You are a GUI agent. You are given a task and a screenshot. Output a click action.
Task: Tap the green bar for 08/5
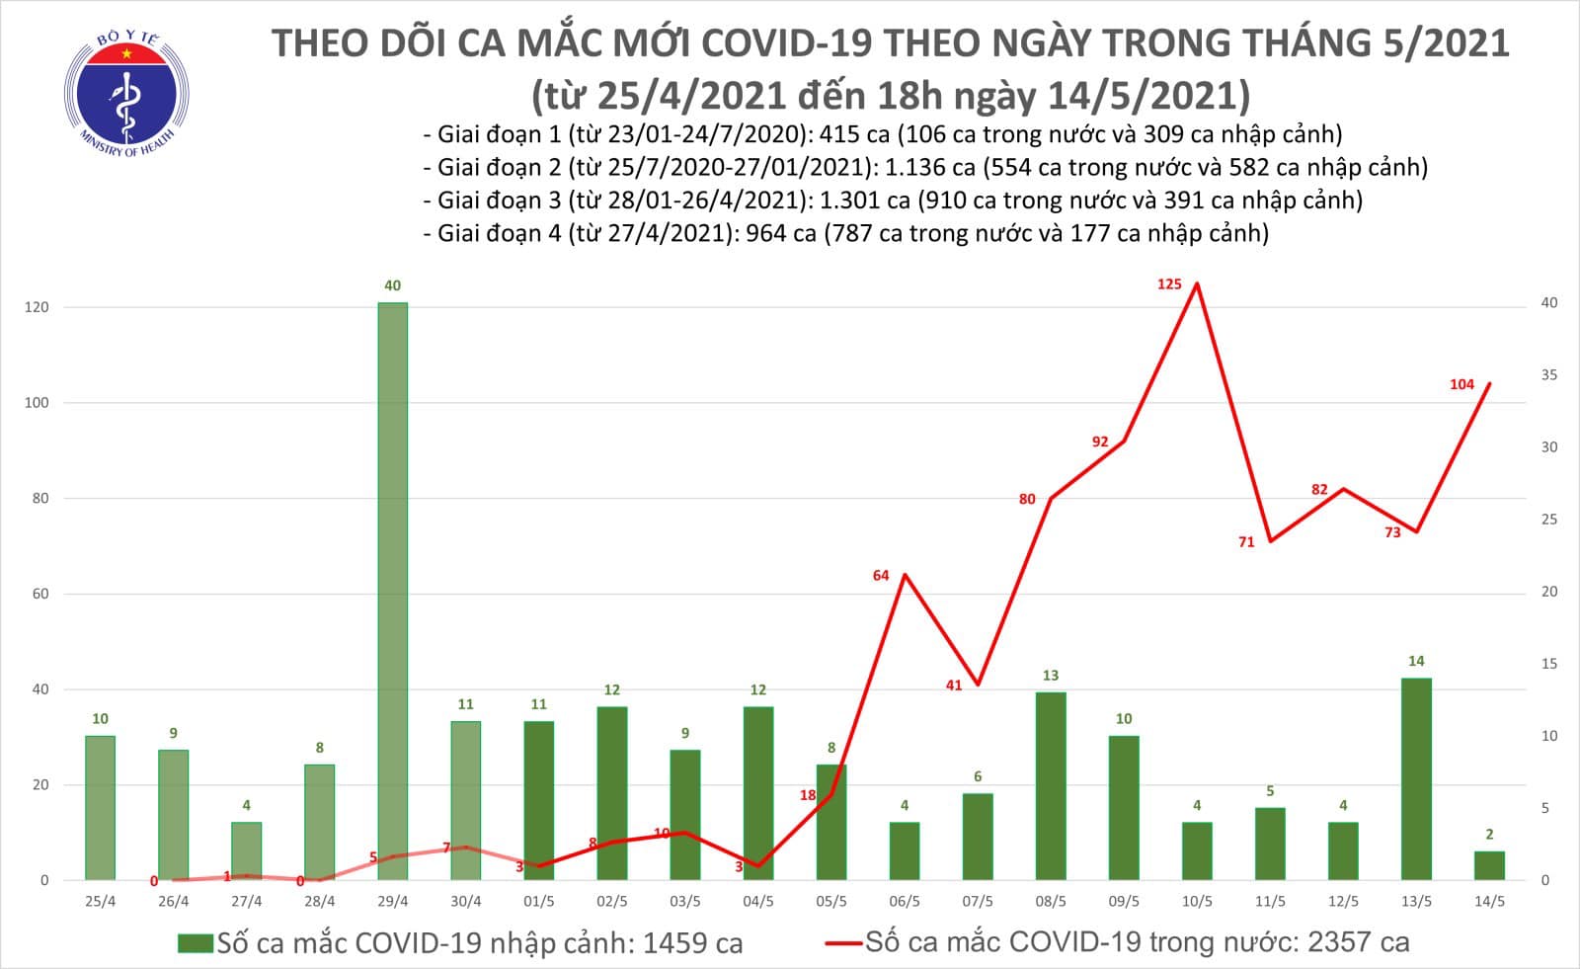click(x=1051, y=785)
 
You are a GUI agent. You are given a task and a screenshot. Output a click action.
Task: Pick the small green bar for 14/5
click(x=1489, y=865)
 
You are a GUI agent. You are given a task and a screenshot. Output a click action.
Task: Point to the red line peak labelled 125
click(x=1197, y=284)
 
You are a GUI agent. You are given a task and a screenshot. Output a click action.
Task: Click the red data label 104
click(x=1461, y=384)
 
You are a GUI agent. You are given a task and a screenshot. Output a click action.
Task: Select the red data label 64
click(x=881, y=575)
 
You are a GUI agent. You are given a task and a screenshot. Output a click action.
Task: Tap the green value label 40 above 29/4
click(x=392, y=285)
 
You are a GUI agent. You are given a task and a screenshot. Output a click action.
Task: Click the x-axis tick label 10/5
click(x=1197, y=901)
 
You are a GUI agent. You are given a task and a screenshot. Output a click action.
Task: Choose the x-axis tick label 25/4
click(x=100, y=901)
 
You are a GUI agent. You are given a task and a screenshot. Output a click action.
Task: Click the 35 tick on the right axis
click(x=1549, y=375)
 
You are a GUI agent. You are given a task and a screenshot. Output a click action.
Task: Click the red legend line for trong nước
click(x=843, y=943)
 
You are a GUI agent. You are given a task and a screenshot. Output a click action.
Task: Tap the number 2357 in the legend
click(x=1337, y=942)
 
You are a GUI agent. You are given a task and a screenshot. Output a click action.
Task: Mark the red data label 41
click(x=953, y=685)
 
